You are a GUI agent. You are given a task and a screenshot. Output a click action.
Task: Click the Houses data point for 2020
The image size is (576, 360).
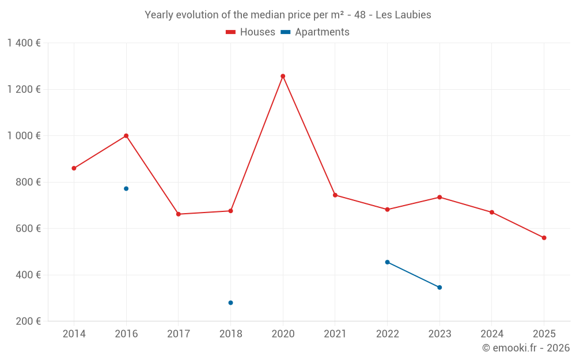click(x=283, y=76)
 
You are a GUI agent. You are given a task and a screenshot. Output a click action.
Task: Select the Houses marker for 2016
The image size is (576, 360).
click(x=126, y=136)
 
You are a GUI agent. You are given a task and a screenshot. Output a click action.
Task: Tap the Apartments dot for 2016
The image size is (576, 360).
click(x=126, y=189)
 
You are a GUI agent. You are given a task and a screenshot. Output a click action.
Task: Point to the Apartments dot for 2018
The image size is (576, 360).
click(x=230, y=303)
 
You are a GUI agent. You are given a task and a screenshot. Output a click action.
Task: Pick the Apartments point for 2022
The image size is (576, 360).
click(x=387, y=262)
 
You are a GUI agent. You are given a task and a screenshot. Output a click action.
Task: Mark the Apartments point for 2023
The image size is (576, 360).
click(x=439, y=287)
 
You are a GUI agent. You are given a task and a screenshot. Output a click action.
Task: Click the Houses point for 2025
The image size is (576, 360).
click(x=544, y=238)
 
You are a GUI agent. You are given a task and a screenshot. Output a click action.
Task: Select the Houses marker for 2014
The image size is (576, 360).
click(x=74, y=168)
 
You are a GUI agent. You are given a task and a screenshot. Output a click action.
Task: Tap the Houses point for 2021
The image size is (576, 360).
click(x=335, y=195)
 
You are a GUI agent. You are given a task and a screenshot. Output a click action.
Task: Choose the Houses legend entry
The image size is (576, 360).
click(x=251, y=32)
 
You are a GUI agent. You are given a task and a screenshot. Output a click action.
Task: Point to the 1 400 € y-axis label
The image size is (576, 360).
click(x=24, y=43)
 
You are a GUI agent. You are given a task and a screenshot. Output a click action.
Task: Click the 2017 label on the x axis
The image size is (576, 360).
click(x=179, y=334)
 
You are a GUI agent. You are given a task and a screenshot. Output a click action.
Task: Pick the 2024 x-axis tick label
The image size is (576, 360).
click(x=492, y=334)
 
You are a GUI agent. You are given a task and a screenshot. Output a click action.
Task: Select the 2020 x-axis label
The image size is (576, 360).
click(x=283, y=334)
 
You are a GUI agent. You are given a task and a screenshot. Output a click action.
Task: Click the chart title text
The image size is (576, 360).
click(x=288, y=15)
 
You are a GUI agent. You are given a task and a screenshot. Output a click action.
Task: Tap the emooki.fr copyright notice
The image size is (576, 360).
click(x=526, y=348)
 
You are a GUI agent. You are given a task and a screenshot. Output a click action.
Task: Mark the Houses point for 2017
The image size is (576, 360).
click(x=179, y=214)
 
